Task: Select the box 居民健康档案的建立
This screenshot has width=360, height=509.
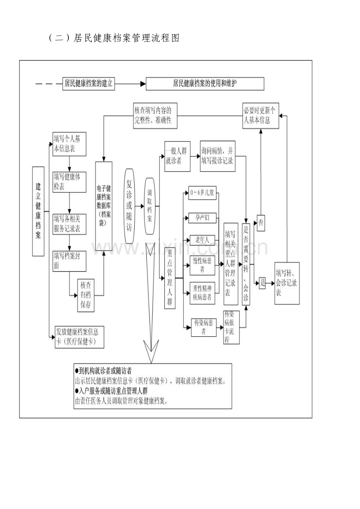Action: [x=89, y=84]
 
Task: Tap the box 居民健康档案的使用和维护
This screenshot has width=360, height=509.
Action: [x=205, y=84]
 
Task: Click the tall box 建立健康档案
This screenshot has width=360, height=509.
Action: [x=38, y=211]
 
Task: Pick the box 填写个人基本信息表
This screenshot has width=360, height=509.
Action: [x=69, y=144]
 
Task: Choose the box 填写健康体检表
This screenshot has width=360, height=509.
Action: [x=69, y=182]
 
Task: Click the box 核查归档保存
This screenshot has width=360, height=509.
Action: [x=86, y=294]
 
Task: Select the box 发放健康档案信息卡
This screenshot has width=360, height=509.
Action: [x=79, y=337]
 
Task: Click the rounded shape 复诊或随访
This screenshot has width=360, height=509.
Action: [x=129, y=206]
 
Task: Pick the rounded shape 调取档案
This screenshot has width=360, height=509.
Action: [x=150, y=206]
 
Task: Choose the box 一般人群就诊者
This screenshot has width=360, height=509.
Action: [x=177, y=156]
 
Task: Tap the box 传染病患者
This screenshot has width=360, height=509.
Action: [x=204, y=327]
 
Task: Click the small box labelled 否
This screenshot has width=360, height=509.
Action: [x=261, y=223]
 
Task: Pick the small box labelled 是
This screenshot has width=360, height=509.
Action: [x=263, y=283]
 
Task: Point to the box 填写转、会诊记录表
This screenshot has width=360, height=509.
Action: [x=287, y=283]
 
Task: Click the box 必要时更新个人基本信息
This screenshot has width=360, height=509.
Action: [x=261, y=116]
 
